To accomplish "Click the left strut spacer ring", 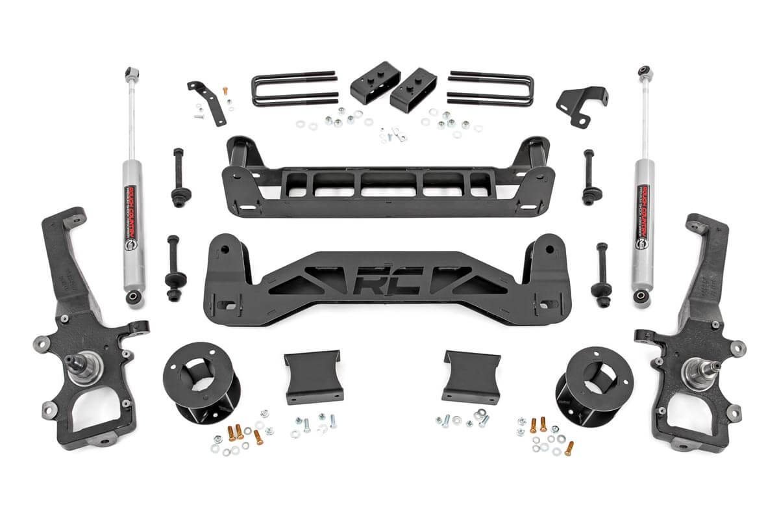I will tap(199, 378).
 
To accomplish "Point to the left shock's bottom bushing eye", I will tap(134, 297).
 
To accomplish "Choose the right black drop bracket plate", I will tap(471, 376).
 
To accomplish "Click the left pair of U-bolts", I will tap(293, 88).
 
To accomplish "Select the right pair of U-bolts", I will tap(491, 88).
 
